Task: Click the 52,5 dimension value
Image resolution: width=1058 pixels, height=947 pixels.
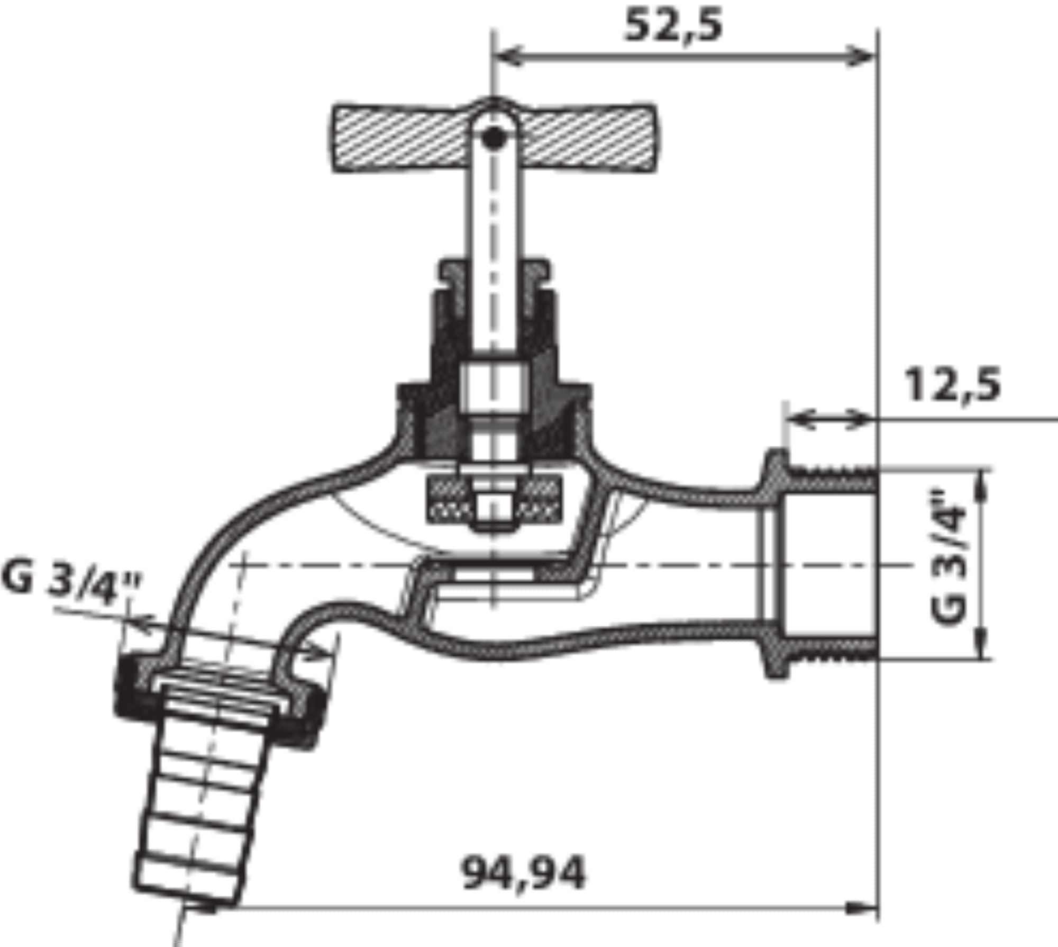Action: [x=673, y=26]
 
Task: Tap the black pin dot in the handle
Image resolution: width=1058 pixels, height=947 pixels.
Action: [x=494, y=138]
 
